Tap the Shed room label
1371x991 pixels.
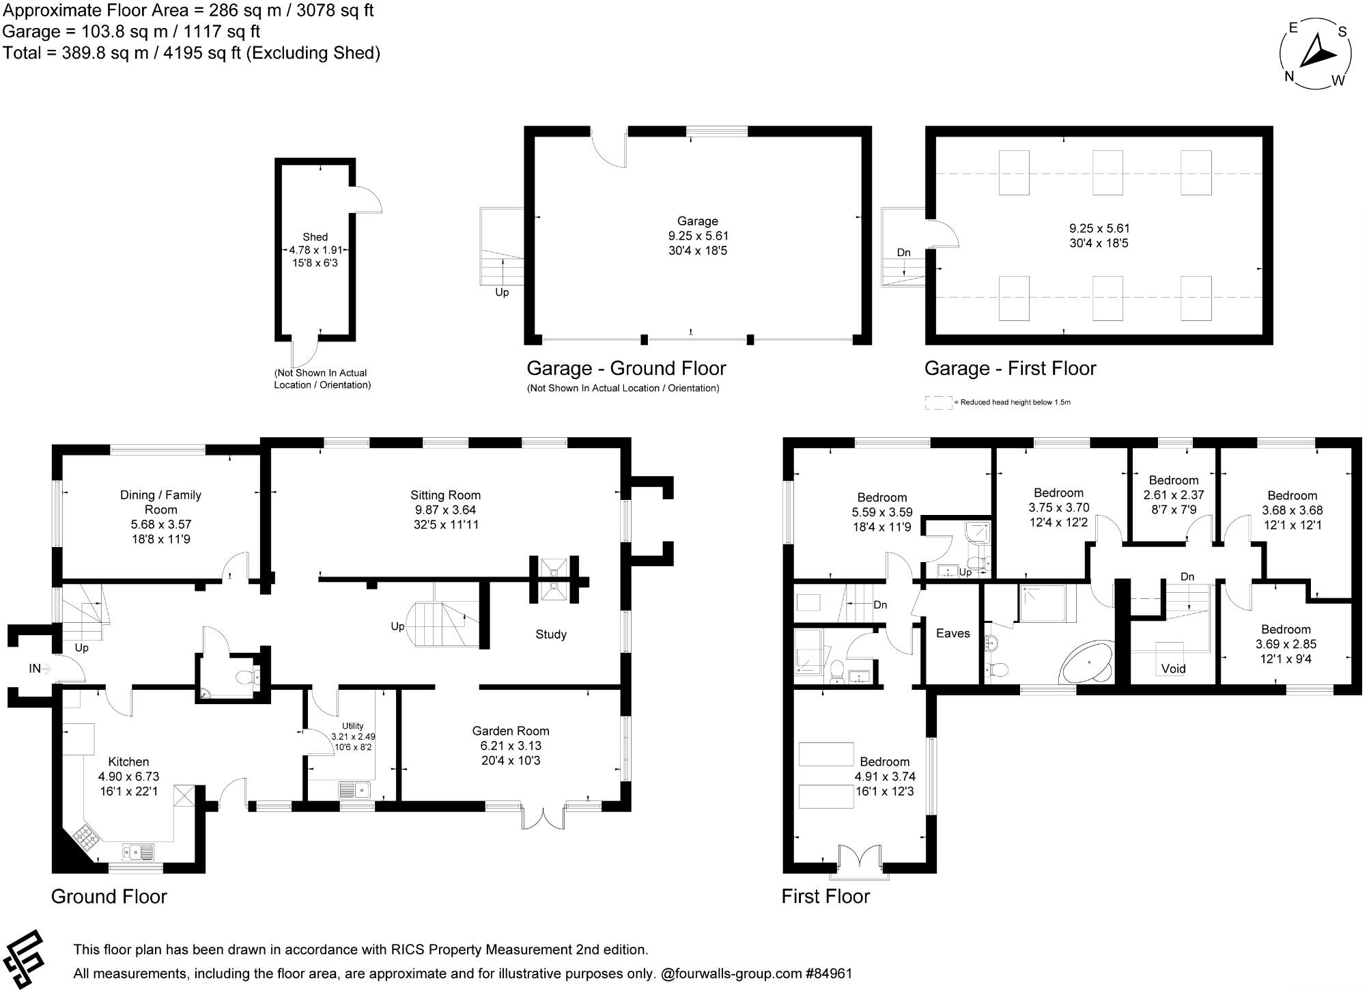315,237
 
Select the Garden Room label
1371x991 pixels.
510,731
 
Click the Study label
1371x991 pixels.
550,634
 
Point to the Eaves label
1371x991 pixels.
952,633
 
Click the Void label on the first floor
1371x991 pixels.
1173,669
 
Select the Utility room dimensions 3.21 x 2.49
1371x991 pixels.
353,737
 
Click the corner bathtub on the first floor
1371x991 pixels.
1086,661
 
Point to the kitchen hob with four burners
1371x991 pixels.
87,835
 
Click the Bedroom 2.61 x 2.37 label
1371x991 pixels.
1173,480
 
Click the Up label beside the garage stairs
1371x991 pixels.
502,292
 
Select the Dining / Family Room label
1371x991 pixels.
160,502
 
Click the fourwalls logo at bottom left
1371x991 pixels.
25,958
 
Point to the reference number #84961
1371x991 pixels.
829,974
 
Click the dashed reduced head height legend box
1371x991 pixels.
938,402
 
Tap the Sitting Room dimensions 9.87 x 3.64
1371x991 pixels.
445,510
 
